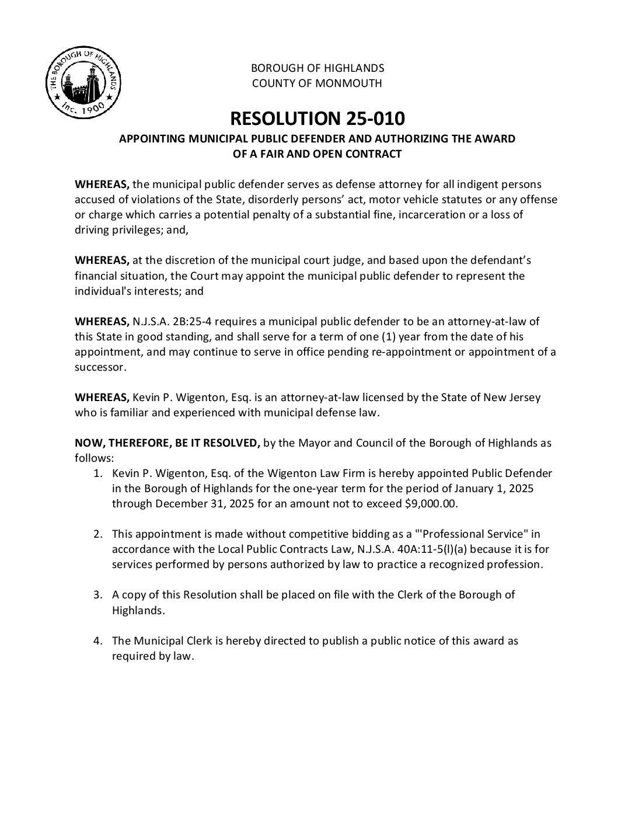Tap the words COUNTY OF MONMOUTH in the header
317,83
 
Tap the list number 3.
99,595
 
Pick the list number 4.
99,640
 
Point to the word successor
99,367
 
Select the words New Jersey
511,398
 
